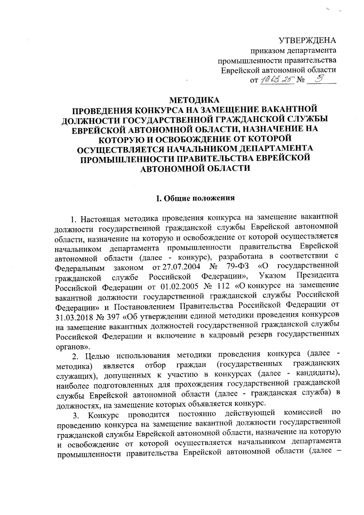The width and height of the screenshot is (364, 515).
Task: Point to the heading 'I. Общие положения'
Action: point(195,199)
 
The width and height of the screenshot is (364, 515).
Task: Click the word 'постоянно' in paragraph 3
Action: point(197,414)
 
